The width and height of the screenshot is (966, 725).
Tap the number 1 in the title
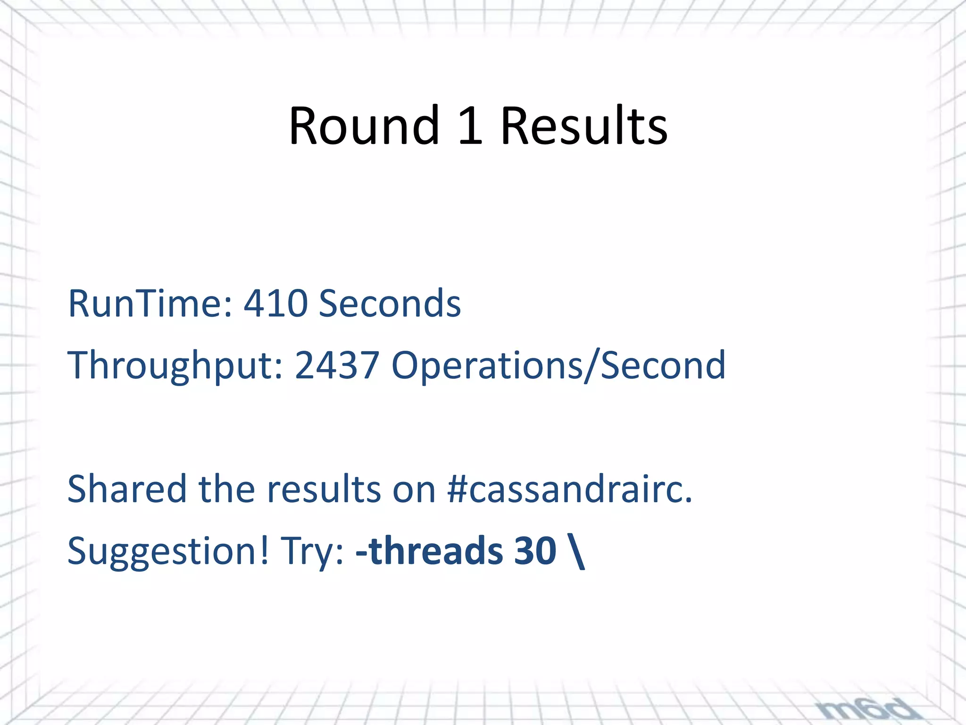coord(470,126)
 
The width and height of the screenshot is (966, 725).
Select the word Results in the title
coord(584,126)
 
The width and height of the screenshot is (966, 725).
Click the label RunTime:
coord(150,303)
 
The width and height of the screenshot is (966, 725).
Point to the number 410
coord(275,303)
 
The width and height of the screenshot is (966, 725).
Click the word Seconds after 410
coord(390,303)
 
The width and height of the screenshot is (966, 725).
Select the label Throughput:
coord(175,365)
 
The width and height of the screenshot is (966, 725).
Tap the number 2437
coord(337,365)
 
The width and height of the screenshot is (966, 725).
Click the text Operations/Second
coord(558,365)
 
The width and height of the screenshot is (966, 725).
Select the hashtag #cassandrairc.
coord(569,489)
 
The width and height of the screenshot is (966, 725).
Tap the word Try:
coord(312,551)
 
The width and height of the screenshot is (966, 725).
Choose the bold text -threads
coord(429,551)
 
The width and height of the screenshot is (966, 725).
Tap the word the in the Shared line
coord(227,489)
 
